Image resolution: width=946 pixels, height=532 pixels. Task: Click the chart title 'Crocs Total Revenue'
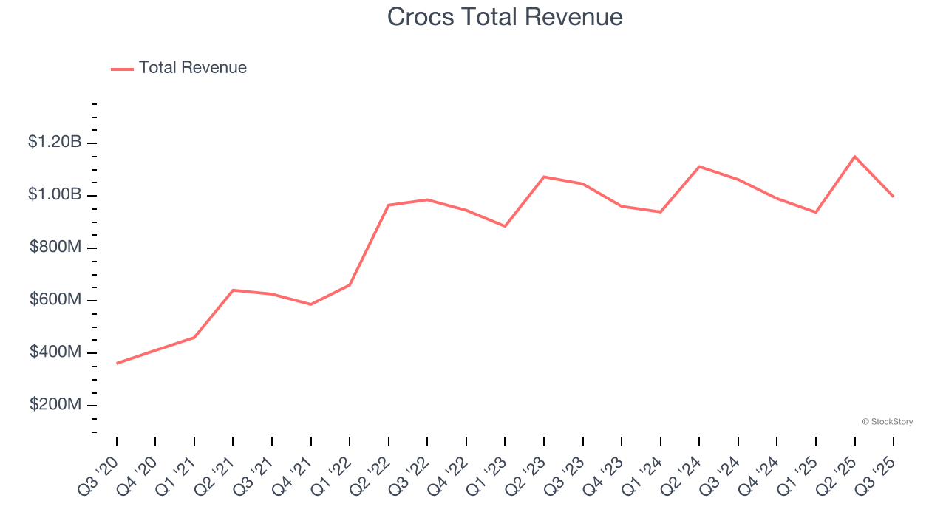pyautogui.click(x=505, y=17)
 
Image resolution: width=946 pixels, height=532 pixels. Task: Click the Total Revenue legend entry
pyautogui.click(x=179, y=68)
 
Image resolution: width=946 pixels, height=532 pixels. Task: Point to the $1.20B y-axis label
pyautogui.click(x=55, y=142)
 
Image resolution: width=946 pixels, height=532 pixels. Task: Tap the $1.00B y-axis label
pyautogui.click(x=55, y=195)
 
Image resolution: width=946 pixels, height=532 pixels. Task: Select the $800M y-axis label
pyautogui.click(x=55, y=248)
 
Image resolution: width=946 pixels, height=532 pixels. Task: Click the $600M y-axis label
pyautogui.click(x=55, y=300)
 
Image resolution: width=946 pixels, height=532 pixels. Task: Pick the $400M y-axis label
pyautogui.click(x=55, y=352)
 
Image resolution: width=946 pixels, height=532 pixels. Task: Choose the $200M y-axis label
pyautogui.click(x=55, y=405)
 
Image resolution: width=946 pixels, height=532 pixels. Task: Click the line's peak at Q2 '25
pyautogui.click(x=854, y=157)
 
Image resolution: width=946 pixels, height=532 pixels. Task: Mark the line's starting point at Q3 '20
pyautogui.click(x=117, y=364)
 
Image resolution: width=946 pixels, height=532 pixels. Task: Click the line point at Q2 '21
pyautogui.click(x=233, y=290)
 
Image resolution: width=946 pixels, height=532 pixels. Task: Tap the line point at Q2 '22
pyautogui.click(x=389, y=205)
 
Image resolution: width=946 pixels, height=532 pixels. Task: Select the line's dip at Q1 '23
pyautogui.click(x=505, y=226)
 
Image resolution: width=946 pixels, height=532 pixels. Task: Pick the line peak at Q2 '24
pyautogui.click(x=699, y=166)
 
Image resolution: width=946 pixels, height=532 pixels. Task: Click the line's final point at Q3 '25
pyautogui.click(x=893, y=197)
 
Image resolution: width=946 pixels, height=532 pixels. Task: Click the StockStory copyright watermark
pyautogui.click(x=887, y=422)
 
